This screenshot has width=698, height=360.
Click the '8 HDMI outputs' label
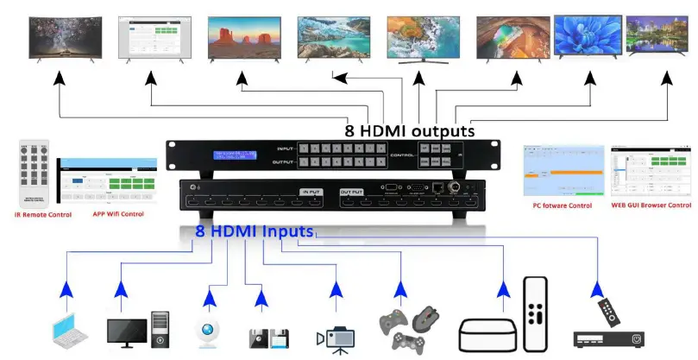(x=410, y=131)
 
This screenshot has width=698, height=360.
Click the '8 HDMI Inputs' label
(x=255, y=231)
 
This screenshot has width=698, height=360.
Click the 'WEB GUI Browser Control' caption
(x=651, y=205)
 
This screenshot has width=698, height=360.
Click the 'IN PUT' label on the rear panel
(x=310, y=191)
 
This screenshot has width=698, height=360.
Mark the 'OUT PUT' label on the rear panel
(x=351, y=191)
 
